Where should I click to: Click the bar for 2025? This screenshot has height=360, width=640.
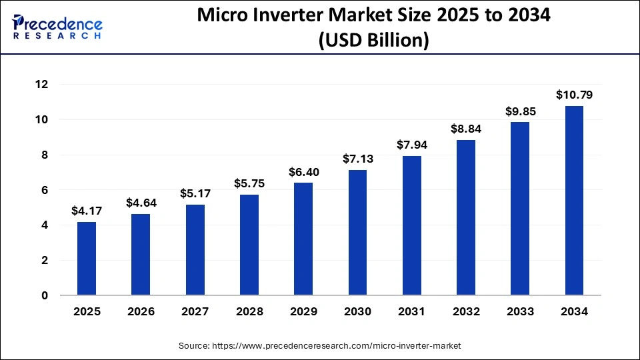click(x=87, y=259)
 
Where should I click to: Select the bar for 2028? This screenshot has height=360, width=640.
click(x=249, y=245)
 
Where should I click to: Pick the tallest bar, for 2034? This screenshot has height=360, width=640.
click(x=574, y=200)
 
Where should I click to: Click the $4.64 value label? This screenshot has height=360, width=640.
click(x=141, y=202)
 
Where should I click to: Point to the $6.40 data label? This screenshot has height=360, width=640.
click(x=303, y=171)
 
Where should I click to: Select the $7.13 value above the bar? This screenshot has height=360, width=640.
click(x=358, y=159)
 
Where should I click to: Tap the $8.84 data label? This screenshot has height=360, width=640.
click(x=466, y=129)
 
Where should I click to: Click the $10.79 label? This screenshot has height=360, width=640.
click(x=574, y=95)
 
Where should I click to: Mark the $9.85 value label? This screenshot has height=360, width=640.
click(x=520, y=111)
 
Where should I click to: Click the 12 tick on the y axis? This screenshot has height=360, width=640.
click(x=41, y=85)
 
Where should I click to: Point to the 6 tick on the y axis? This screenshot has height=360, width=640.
click(x=45, y=191)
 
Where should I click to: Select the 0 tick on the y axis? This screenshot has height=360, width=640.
click(x=45, y=296)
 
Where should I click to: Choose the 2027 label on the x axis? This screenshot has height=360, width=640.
click(x=195, y=311)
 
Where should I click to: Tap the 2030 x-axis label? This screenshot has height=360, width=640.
click(x=358, y=311)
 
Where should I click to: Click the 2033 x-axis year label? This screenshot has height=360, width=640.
click(x=520, y=311)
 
